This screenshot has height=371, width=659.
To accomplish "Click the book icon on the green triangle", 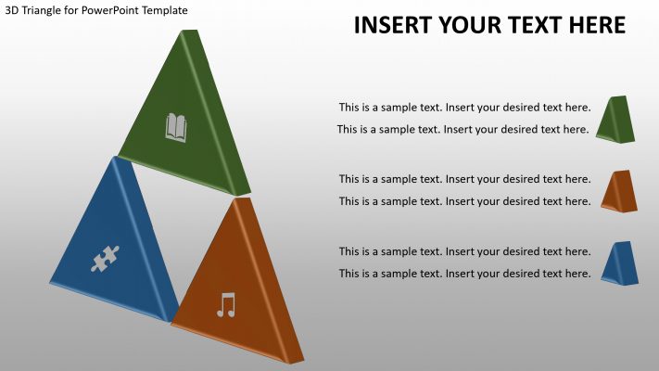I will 176,127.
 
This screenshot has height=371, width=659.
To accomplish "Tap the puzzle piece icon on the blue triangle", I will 105,259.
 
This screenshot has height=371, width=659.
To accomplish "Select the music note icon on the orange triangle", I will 226,304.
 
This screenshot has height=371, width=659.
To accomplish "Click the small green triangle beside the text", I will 616,120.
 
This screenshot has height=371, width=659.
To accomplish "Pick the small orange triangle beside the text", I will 619,190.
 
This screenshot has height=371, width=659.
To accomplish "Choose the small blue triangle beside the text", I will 619,262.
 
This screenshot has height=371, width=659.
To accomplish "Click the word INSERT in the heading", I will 394,25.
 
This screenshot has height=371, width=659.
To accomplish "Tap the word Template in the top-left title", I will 164,10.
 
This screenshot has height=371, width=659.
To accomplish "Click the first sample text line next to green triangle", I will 464,108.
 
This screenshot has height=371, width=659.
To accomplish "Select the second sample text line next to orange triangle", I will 464,201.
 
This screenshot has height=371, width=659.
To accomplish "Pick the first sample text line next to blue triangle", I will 464,251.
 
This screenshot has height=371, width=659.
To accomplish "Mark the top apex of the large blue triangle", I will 116,159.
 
